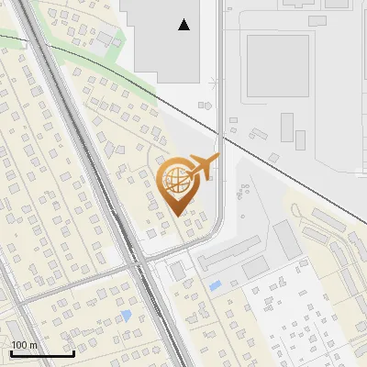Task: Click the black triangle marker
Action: point(185,25)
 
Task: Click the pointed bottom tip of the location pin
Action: point(178,215)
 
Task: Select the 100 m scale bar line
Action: point(42,353)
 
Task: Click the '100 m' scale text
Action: point(24,345)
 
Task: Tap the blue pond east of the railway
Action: point(215,286)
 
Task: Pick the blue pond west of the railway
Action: point(126,316)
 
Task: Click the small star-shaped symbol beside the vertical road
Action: point(214,85)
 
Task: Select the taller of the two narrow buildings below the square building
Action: point(287,126)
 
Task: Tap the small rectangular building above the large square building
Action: point(317,20)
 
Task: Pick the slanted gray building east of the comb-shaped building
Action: point(287,240)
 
